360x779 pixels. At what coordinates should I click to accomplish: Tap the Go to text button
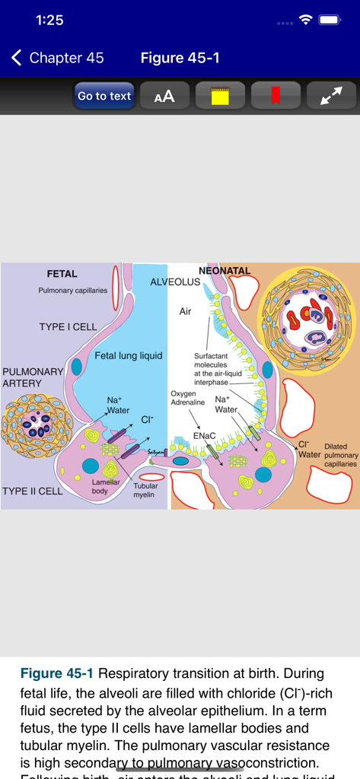104,96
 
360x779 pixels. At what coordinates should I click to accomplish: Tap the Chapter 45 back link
58,58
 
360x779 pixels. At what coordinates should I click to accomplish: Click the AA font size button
164,96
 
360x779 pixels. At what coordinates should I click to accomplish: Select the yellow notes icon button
220,96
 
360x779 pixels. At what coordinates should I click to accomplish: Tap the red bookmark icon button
276,96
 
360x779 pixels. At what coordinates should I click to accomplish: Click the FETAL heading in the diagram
62,274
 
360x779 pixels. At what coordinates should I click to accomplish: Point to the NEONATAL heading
225,271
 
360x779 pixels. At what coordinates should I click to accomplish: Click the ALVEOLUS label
175,282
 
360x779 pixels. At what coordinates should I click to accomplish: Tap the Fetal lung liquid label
128,355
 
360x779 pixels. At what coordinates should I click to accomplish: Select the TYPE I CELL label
68,327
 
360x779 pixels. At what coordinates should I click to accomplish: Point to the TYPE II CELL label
32,491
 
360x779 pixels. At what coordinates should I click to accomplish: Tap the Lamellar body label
106,486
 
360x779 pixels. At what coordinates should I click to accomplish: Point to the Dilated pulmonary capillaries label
340,455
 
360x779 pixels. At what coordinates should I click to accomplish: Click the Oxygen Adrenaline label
183,399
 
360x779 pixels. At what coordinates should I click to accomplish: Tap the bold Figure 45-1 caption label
56,673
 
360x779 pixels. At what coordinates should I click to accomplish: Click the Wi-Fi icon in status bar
306,21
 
